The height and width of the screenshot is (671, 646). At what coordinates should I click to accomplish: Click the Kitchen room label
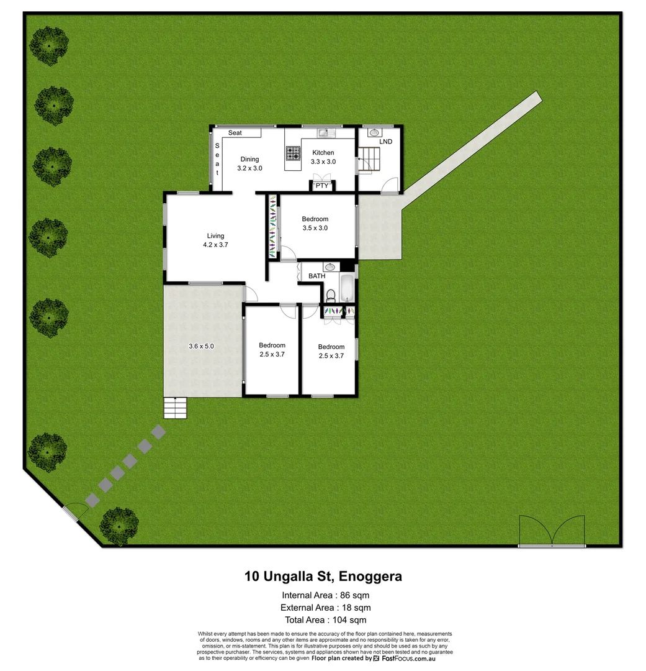pos(323,153)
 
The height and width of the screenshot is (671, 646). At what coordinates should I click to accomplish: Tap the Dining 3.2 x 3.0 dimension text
pos(249,168)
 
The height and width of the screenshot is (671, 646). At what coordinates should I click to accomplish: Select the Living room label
pos(215,236)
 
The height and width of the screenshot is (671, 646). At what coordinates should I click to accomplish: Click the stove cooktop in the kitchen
pos(292,153)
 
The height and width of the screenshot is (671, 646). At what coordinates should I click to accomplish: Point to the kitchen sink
pos(325,132)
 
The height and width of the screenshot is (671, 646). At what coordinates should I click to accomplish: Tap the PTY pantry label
pos(321,186)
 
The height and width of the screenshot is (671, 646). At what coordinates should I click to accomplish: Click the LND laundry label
pos(385,142)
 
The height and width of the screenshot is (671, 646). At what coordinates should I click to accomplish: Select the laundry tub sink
pos(374,132)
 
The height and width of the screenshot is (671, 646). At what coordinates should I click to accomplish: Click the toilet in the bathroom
pos(331,294)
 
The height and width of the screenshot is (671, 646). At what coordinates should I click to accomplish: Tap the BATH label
pos(316,276)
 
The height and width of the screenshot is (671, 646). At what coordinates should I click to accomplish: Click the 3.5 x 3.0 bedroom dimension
pos(315,228)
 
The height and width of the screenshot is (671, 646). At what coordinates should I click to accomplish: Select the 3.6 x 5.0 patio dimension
pos(201,347)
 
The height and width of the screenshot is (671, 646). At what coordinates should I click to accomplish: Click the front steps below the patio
pos(174,408)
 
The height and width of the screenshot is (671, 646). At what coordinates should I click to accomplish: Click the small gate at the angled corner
pos(76,511)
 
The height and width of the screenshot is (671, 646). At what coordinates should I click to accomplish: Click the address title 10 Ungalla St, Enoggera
pos(323,577)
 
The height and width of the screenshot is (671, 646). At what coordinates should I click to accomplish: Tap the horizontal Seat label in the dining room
pos(235,133)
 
